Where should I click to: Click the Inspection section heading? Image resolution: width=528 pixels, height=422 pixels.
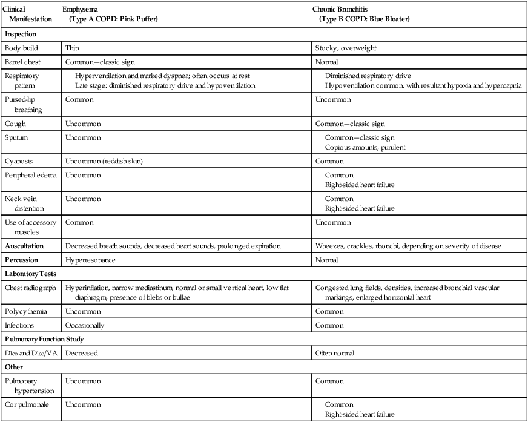click(x=21, y=35)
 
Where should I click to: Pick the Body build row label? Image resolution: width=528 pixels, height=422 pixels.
click(x=22, y=47)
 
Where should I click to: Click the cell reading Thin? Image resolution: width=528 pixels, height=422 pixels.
click(x=72, y=47)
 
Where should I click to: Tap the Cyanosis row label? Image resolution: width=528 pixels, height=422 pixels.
click(x=19, y=161)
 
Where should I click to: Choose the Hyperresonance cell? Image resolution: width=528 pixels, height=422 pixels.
click(x=91, y=260)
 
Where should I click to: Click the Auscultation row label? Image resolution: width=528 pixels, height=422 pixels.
click(x=28, y=245)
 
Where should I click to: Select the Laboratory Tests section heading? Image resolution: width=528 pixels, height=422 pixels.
click(x=31, y=274)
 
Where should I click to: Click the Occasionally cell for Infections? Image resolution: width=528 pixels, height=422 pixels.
click(x=85, y=325)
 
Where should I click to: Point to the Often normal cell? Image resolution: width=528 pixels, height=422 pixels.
click(x=335, y=352)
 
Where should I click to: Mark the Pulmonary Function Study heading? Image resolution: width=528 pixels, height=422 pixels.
click(x=44, y=338)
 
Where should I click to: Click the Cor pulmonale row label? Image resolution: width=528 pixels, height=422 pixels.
click(x=27, y=404)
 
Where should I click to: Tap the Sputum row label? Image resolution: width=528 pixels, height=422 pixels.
click(x=17, y=137)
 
